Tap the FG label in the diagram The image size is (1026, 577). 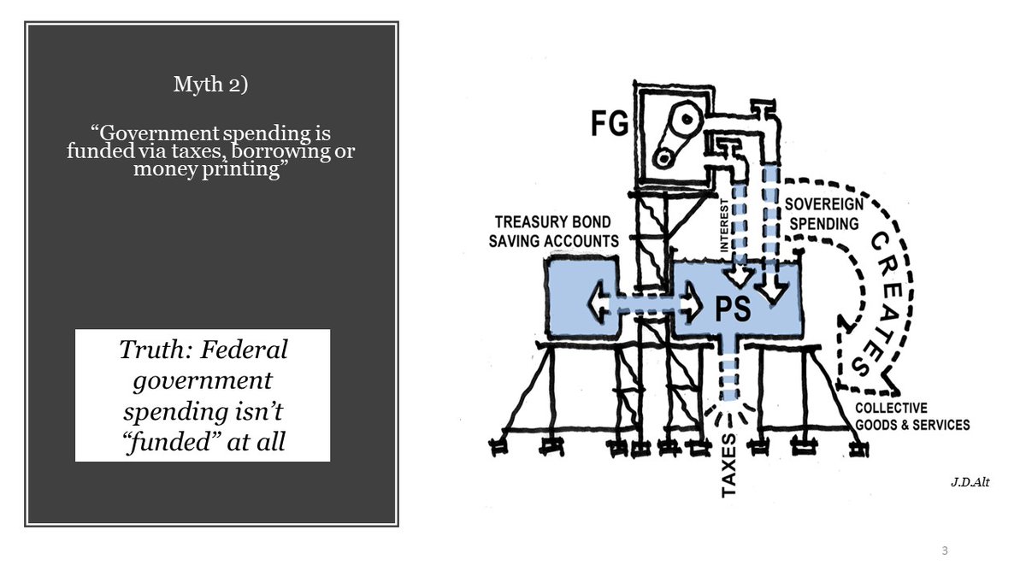pos(610,125)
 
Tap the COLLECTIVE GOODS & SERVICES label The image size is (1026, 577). pos(912,416)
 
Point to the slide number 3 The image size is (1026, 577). pos(945,551)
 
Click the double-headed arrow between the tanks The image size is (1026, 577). pos(643,303)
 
